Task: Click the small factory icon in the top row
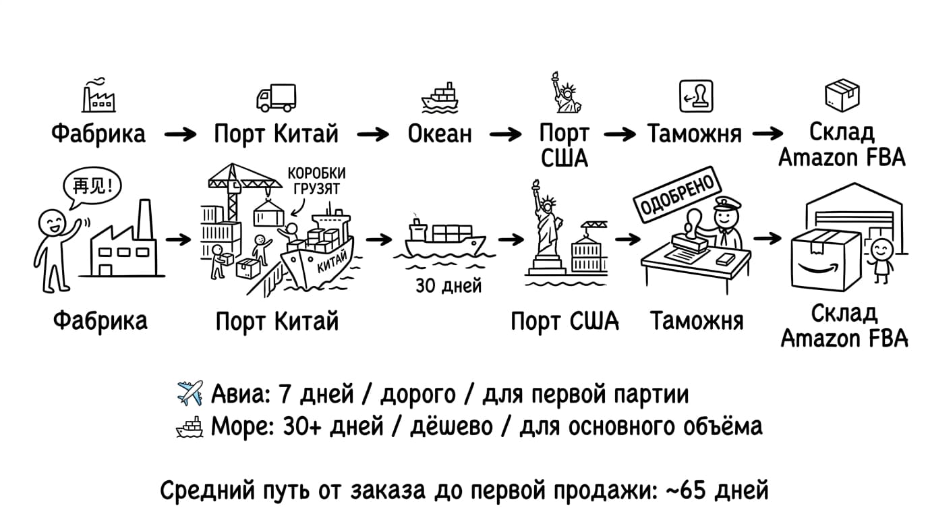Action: click(98, 98)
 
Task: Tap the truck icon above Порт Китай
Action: click(276, 98)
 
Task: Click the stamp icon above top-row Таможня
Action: click(695, 96)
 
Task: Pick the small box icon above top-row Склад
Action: click(842, 96)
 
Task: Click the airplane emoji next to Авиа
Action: click(190, 393)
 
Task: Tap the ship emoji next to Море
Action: click(190, 427)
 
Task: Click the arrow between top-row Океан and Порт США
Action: click(505, 134)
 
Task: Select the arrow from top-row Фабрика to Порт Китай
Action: click(180, 134)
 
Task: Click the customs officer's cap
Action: click(726, 202)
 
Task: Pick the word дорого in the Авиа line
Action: click(408, 394)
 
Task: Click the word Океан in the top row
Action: click(439, 134)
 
